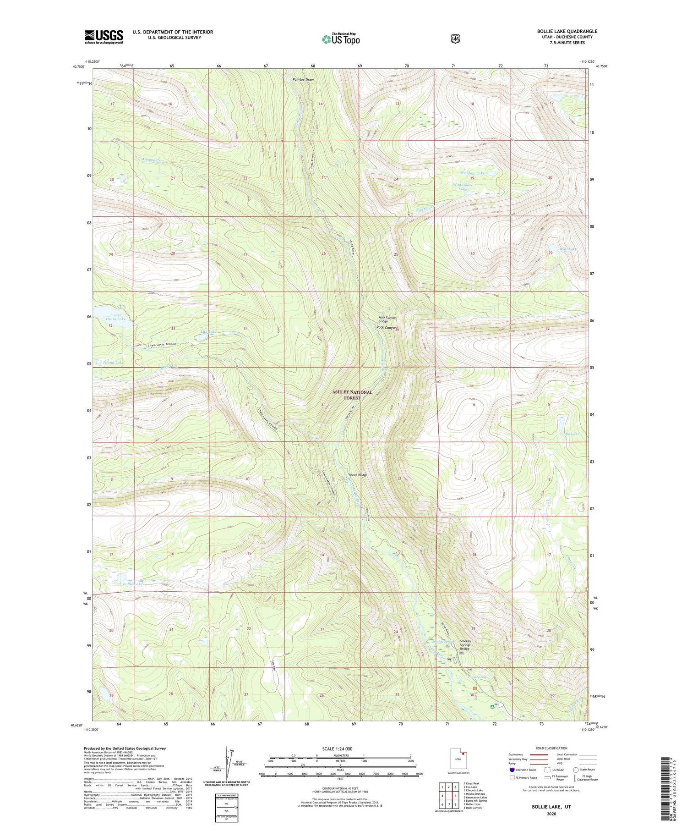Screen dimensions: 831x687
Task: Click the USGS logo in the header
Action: pyautogui.click(x=104, y=37)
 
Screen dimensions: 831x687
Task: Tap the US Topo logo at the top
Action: pyautogui.click(x=341, y=39)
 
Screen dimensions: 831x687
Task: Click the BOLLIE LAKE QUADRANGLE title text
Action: pyautogui.click(x=567, y=31)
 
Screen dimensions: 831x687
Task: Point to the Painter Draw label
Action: pyautogui.click(x=303, y=80)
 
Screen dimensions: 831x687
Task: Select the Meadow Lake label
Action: pyautogui.click(x=472, y=173)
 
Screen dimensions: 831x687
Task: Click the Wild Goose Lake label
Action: pyautogui.click(x=463, y=187)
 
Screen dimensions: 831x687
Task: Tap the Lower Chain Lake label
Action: pyautogui.click(x=115, y=317)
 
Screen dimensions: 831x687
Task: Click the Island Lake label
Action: pyautogui.click(x=113, y=363)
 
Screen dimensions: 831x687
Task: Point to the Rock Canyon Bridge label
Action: pyautogui.click(x=387, y=319)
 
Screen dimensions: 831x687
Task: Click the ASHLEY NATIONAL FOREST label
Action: pyautogui.click(x=352, y=395)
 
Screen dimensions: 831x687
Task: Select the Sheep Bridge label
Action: pyautogui.click(x=358, y=475)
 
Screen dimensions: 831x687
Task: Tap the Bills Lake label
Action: pyautogui.click(x=570, y=434)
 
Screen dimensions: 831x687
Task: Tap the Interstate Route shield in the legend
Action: pyautogui.click(x=512, y=770)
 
